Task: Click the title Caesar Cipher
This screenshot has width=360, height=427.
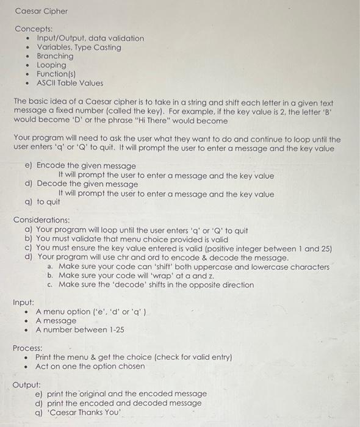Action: tap(41, 11)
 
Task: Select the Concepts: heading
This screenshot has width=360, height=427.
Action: tap(34, 29)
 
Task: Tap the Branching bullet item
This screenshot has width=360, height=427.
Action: tap(55, 56)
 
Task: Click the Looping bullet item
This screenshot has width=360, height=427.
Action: tap(51, 65)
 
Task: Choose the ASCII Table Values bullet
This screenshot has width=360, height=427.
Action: tap(70, 83)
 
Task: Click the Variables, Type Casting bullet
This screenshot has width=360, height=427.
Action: tap(79, 47)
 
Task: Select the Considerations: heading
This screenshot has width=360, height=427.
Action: tap(41, 220)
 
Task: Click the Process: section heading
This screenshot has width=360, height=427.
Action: tap(28, 348)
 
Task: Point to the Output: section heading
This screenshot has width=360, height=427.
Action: tap(27, 385)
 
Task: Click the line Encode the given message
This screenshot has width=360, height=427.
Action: tap(86, 166)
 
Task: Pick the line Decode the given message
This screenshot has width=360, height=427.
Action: tap(87, 184)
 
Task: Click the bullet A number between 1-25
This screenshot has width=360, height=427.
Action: tap(79, 329)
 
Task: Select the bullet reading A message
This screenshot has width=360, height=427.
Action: tap(56, 321)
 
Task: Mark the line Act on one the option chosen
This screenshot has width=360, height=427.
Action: tap(90, 366)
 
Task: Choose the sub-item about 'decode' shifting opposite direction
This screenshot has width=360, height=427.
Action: tap(156, 285)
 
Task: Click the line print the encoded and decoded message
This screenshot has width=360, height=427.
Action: tap(119, 403)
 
